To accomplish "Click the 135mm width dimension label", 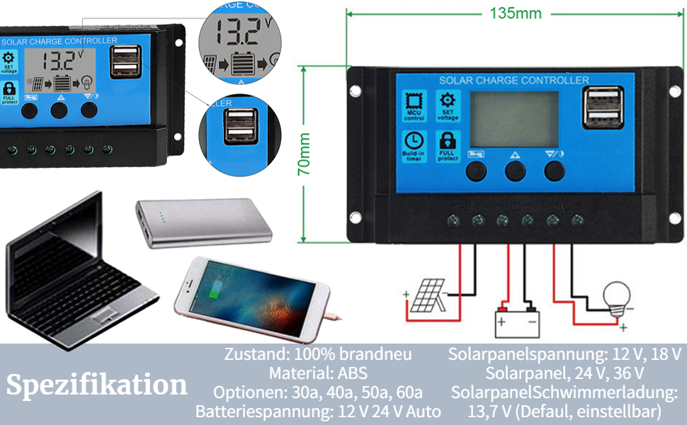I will tap(515, 13).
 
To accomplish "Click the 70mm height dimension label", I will tap(304, 155).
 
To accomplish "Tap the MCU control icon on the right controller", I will tap(414, 106).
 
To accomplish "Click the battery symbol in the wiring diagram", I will tap(516, 322).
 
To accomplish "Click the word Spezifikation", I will tap(97, 385).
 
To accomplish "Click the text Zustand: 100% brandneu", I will tap(318, 353).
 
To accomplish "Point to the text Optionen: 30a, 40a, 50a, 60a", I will tap(318, 392).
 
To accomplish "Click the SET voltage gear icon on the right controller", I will tap(448, 106).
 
